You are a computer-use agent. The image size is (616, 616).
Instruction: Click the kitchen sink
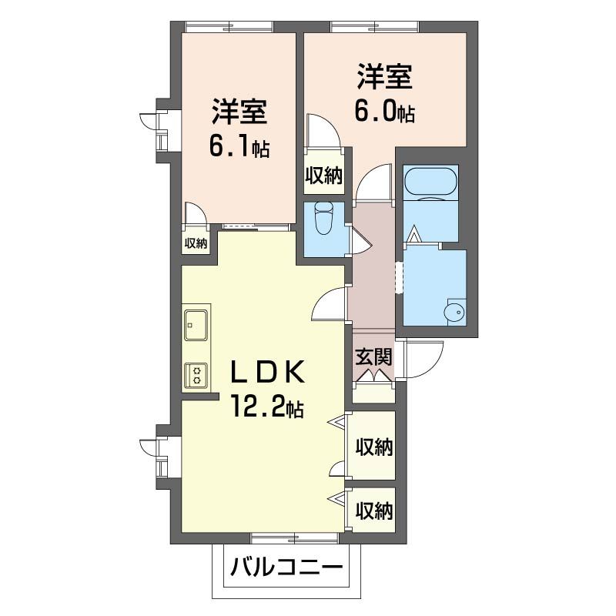pyautogui.click(x=196, y=323)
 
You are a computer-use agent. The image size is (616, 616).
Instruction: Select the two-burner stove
pyautogui.click(x=196, y=375)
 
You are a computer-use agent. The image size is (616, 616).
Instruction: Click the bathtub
pyautogui.click(x=430, y=182)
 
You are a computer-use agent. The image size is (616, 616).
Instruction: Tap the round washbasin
pyautogui.click(x=454, y=313)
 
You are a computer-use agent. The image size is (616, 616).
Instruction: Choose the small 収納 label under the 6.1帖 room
pyautogui.click(x=196, y=243)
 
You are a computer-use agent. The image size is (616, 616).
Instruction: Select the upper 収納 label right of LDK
pyautogui.click(x=374, y=447)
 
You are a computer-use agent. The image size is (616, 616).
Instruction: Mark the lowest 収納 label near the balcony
pyautogui.click(x=374, y=510)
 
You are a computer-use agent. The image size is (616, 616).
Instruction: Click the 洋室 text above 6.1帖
pyautogui.click(x=239, y=112)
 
